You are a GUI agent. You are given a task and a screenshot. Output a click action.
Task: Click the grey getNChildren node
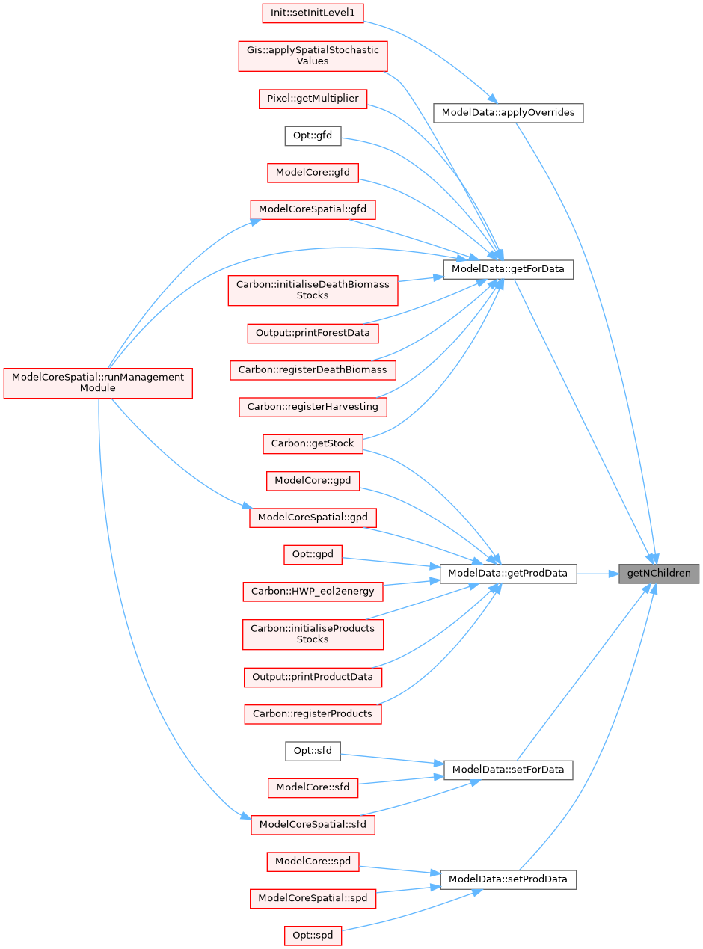point(659,574)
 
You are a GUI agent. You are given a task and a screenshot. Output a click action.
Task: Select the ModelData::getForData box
point(508,269)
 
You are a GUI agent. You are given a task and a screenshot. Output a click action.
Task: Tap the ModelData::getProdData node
point(508,574)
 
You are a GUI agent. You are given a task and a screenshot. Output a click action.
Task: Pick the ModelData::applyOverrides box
point(508,113)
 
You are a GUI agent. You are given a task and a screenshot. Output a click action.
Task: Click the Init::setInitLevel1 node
point(312,13)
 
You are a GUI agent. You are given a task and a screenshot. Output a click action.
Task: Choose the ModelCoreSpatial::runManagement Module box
point(98,383)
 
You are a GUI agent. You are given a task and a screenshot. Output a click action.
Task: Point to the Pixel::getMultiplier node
point(313,99)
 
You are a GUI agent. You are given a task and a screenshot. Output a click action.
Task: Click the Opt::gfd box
point(313,136)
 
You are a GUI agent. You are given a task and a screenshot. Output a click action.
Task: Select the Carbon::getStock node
point(313,443)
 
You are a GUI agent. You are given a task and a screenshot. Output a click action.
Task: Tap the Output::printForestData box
point(313,332)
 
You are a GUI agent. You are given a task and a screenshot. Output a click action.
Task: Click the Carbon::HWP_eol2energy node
point(313,591)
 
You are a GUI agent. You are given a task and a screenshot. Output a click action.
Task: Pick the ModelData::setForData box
point(508,770)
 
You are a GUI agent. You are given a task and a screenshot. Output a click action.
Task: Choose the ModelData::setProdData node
point(508,879)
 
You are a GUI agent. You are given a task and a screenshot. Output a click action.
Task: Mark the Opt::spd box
point(313,936)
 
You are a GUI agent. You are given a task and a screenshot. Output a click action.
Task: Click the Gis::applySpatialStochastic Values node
point(313,56)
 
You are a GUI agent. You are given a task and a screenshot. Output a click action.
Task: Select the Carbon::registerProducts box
point(313,713)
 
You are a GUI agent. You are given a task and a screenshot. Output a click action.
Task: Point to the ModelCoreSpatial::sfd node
point(313,825)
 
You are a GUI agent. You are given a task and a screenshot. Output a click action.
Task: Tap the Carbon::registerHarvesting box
point(313,407)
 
